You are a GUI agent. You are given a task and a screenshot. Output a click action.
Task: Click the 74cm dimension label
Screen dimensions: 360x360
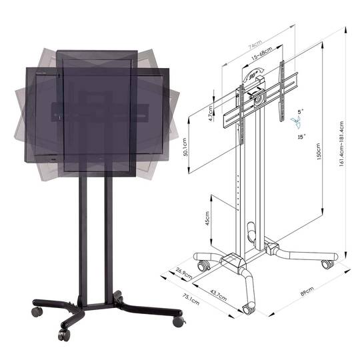(x=255, y=45)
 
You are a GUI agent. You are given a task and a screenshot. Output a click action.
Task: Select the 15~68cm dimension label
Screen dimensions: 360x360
(x=262, y=53)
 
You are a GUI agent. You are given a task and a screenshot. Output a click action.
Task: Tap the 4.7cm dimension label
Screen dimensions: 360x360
(x=211, y=113)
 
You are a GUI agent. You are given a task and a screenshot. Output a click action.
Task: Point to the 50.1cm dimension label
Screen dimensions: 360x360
(x=185, y=147)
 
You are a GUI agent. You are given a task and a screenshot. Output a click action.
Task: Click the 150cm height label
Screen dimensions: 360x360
(x=318, y=151)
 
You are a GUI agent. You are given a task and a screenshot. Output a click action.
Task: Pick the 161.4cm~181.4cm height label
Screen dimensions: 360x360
(x=341, y=144)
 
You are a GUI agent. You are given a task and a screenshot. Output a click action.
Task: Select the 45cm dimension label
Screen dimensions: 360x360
(x=207, y=218)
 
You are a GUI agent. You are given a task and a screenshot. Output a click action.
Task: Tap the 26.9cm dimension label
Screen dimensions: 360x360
(x=184, y=273)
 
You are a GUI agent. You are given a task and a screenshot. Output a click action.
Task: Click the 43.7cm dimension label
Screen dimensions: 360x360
(x=219, y=295)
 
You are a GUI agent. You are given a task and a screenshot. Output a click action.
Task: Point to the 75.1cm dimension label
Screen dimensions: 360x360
(x=191, y=299)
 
